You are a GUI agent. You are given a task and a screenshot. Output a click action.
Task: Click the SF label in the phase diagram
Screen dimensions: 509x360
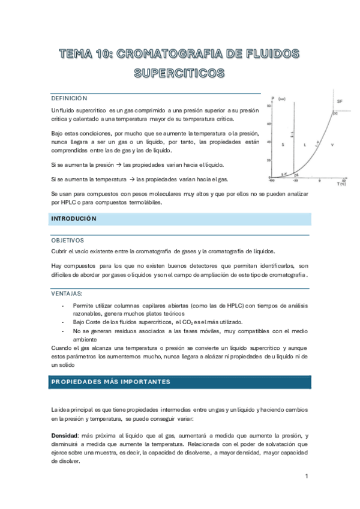pos(340,101)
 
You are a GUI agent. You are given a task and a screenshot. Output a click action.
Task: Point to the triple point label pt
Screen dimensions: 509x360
pos(296,174)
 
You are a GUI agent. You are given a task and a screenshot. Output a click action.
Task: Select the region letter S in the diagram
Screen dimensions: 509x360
pos(283,145)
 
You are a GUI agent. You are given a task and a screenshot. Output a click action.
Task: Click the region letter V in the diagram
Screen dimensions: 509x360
pos(332,145)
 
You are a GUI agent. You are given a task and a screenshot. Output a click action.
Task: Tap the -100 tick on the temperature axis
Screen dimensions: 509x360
pos(272,180)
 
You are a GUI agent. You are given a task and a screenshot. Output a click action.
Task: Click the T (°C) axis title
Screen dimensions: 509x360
pos(341,184)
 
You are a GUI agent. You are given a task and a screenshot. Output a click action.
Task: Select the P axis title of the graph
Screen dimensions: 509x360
pos(273,98)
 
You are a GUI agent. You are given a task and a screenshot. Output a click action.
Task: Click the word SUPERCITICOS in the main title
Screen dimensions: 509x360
pos(179,74)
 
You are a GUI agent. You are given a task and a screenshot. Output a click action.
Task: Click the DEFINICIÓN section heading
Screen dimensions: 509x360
pos(70,98)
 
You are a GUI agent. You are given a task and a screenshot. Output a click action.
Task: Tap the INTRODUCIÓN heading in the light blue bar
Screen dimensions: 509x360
pos(73,219)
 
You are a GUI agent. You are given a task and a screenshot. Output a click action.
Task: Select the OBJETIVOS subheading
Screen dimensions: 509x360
pos(68,239)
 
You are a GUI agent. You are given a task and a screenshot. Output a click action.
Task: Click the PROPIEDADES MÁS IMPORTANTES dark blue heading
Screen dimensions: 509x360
pos(111,382)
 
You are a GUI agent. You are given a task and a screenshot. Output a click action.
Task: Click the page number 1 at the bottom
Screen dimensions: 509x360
pos(306,476)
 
